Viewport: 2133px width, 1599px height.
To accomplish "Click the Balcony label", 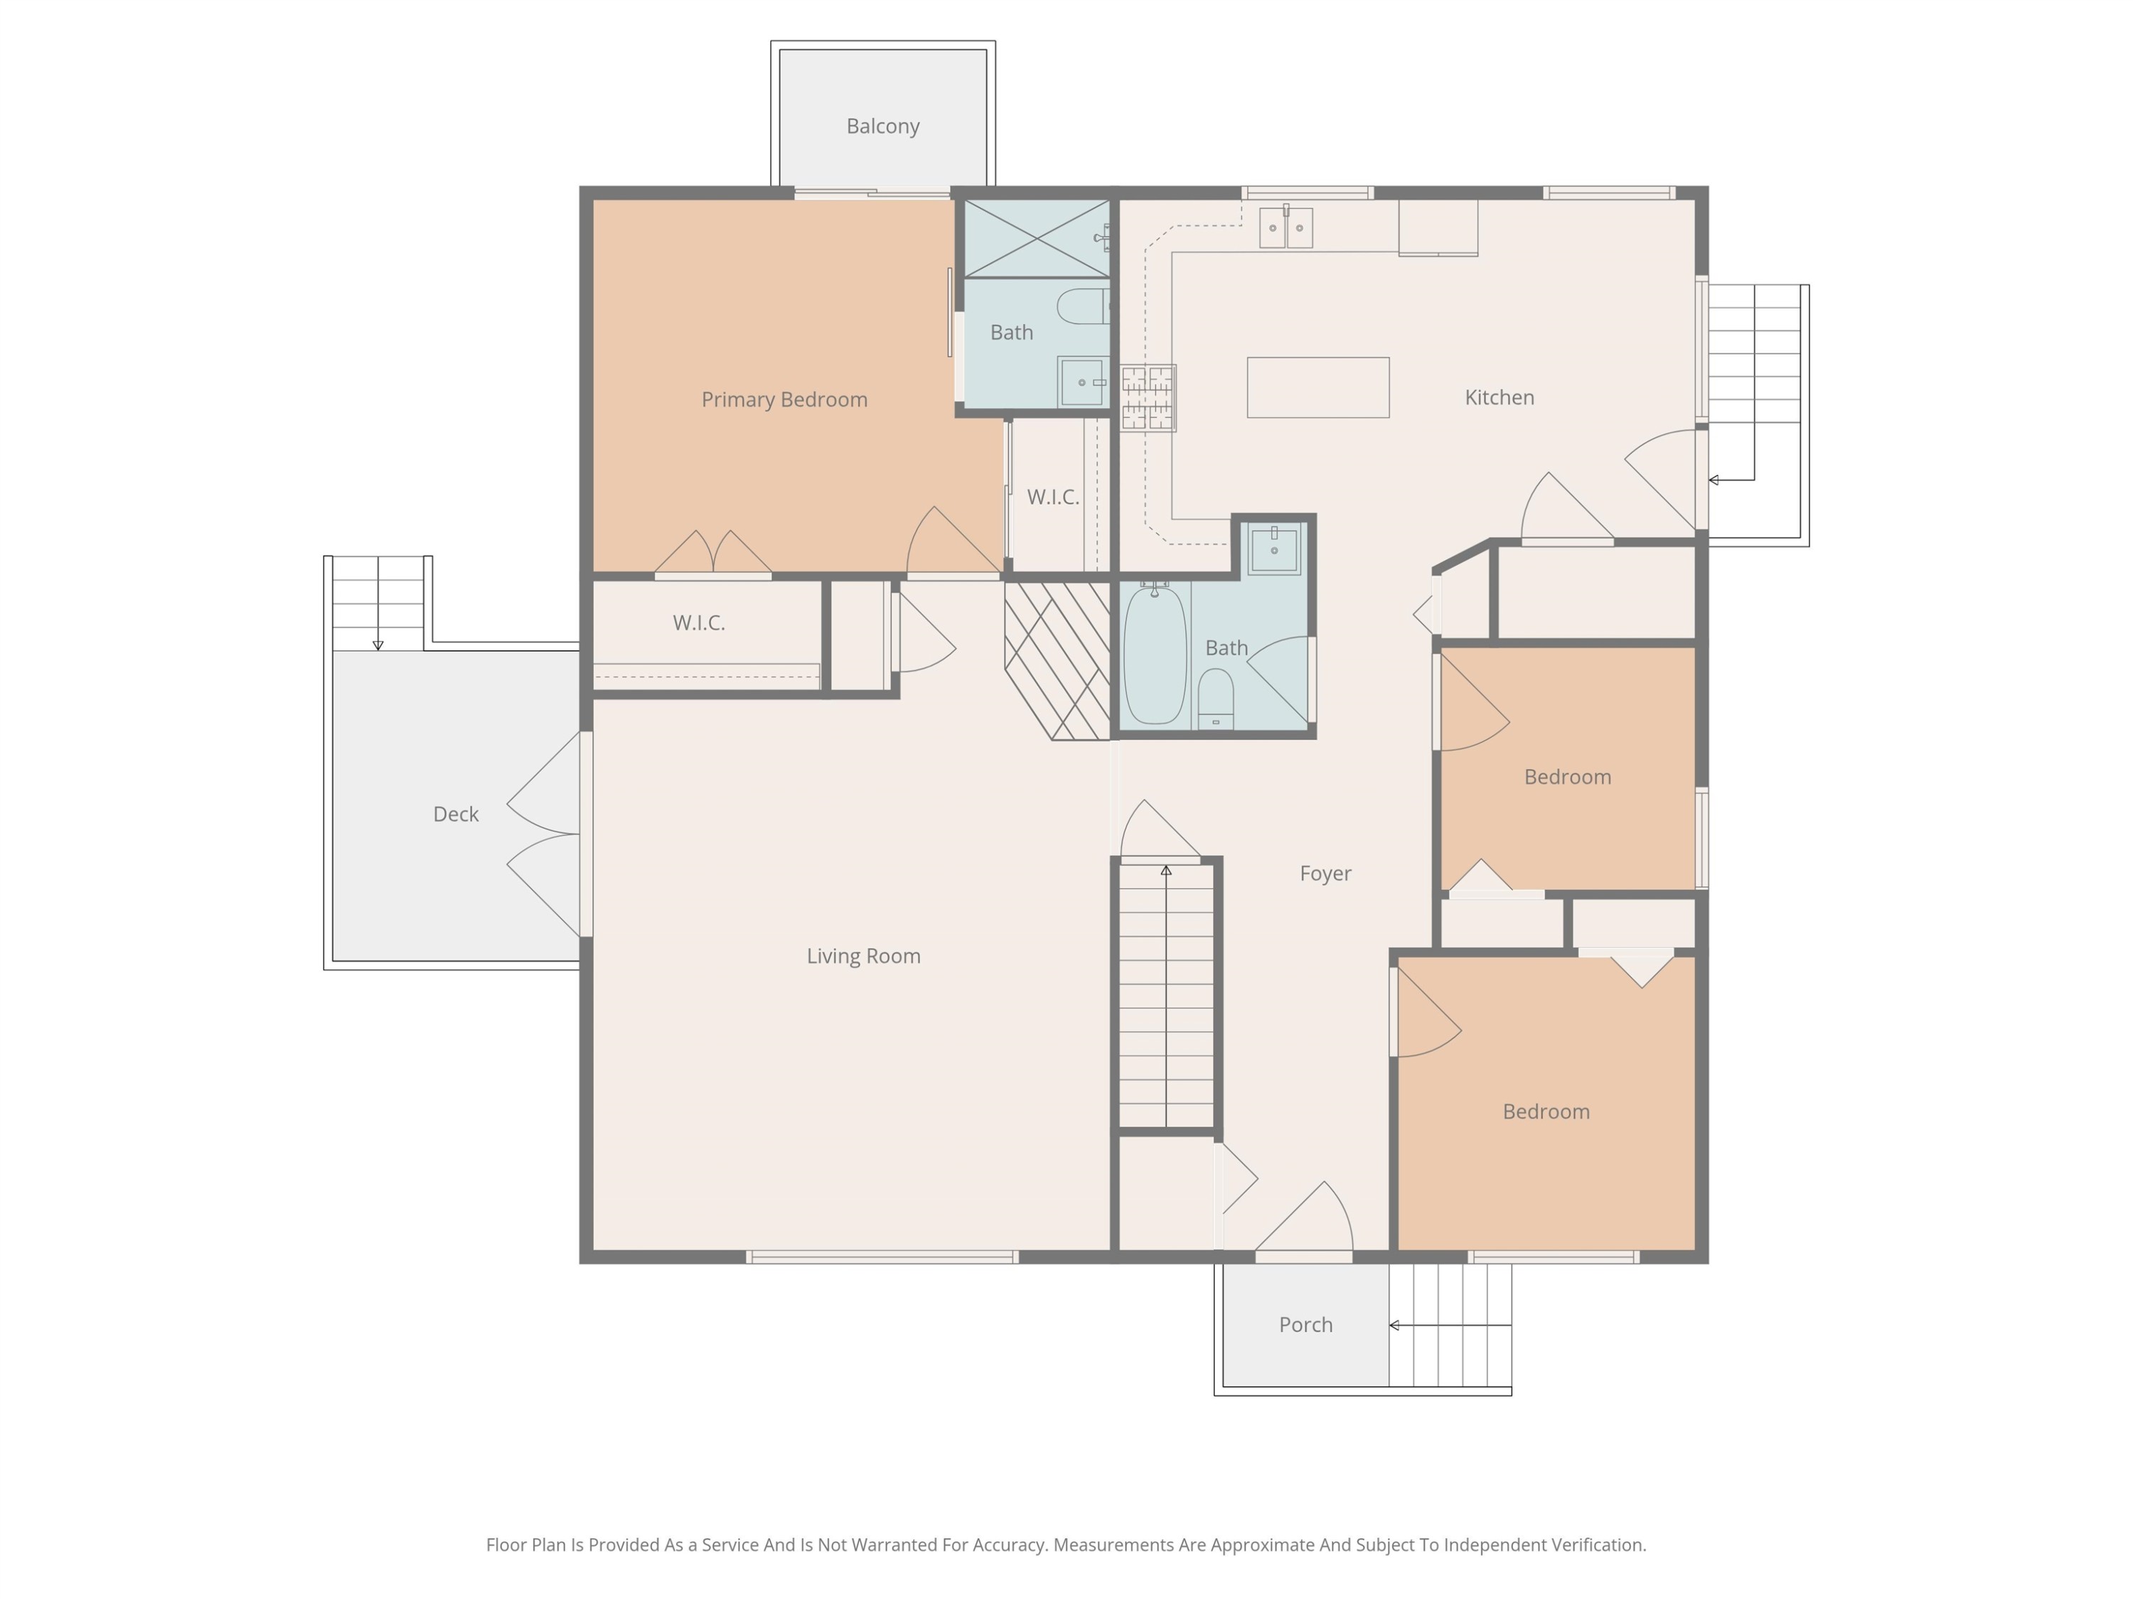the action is point(882,126).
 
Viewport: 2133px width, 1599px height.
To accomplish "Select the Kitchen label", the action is point(1499,397).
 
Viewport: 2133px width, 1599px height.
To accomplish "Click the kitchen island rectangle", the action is point(1317,387).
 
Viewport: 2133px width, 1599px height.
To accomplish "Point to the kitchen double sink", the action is point(1285,227).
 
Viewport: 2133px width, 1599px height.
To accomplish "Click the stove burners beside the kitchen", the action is point(1148,397).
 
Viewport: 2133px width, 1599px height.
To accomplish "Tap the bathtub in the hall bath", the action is point(1154,654).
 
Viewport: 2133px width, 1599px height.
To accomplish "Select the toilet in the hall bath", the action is point(1215,699).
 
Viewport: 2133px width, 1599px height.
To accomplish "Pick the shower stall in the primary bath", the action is point(1037,239).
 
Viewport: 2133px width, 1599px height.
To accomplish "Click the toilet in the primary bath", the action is point(1083,306).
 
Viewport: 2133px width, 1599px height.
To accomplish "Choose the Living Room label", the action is point(863,956).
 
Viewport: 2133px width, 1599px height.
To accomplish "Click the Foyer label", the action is point(1325,873).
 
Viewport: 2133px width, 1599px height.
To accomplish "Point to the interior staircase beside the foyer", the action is point(1166,996).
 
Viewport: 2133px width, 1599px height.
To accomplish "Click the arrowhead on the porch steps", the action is point(1394,1325).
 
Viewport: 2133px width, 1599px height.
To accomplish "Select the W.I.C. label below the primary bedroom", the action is point(698,623).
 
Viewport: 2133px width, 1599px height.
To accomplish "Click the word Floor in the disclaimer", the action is point(506,1545).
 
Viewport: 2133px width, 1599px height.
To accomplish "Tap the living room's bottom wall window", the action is point(882,1257).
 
